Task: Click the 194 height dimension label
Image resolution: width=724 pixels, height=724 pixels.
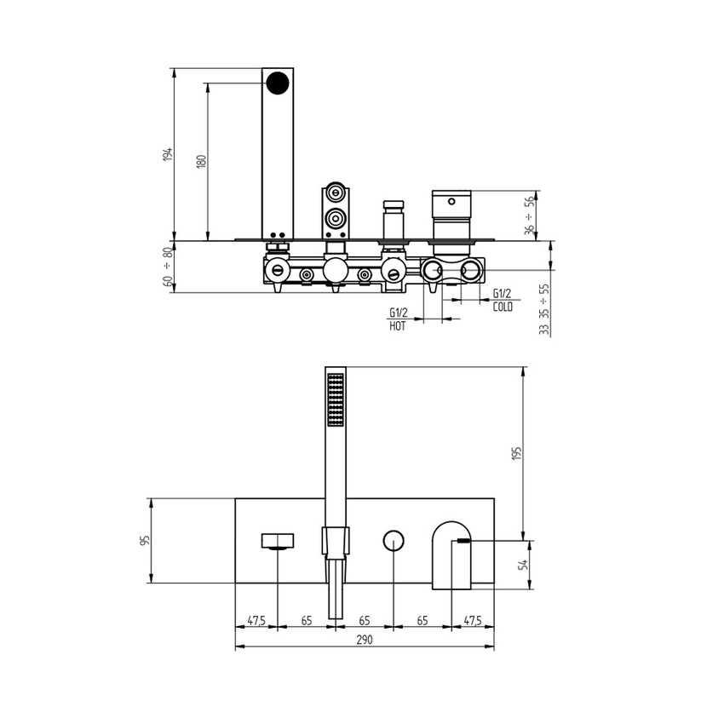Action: [x=170, y=154]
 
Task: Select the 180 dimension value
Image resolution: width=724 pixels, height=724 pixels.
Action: [x=202, y=161]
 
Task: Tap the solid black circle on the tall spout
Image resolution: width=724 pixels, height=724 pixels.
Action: [x=278, y=83]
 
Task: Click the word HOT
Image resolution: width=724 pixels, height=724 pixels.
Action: [x=398, y=326]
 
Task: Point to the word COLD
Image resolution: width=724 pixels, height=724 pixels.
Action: [x=503, y=307]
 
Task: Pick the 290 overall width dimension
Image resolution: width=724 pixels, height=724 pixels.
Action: [x=365, y=640]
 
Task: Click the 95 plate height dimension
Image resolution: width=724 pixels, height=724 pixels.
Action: [x=146, y=541]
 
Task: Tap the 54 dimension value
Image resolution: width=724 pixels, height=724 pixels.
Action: [x=524, y=564]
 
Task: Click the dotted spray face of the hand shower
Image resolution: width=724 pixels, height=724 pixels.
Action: [x=336, y=399]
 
